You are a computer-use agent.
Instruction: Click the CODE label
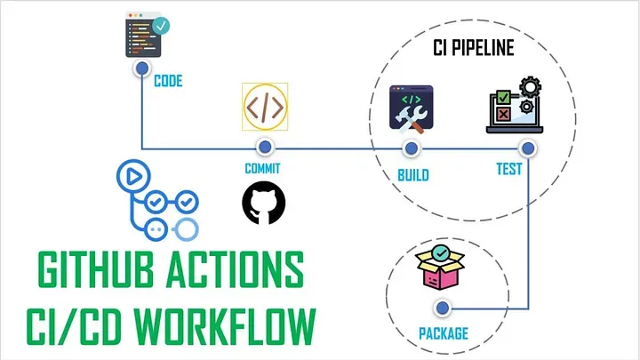click(168, 81)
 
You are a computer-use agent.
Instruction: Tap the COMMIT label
click(262, 169)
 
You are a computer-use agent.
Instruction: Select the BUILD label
click(413, 175)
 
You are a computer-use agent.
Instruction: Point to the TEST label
click(509, 169)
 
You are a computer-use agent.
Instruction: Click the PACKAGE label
click(444, 333)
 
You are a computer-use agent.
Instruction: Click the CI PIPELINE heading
click(473, 48)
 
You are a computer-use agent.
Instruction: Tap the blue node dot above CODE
click(142, 68)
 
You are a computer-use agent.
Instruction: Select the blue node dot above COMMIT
click(265, 147)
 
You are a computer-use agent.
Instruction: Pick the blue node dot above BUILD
click(412, 148)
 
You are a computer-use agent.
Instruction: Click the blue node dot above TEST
click(528, 148)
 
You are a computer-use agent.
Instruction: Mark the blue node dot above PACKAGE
click(443, 308)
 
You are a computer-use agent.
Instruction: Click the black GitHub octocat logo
click(264, 203)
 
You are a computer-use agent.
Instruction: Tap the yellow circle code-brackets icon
click(265, 107)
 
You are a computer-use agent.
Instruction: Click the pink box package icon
click(440, 268)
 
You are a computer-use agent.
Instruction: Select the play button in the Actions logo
click(133, 176)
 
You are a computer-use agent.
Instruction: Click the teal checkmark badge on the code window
click(161, 26)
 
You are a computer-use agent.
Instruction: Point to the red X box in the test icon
click(503, 115)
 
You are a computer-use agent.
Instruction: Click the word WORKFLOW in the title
click(225, 326)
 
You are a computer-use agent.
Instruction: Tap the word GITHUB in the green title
click(95, 269)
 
